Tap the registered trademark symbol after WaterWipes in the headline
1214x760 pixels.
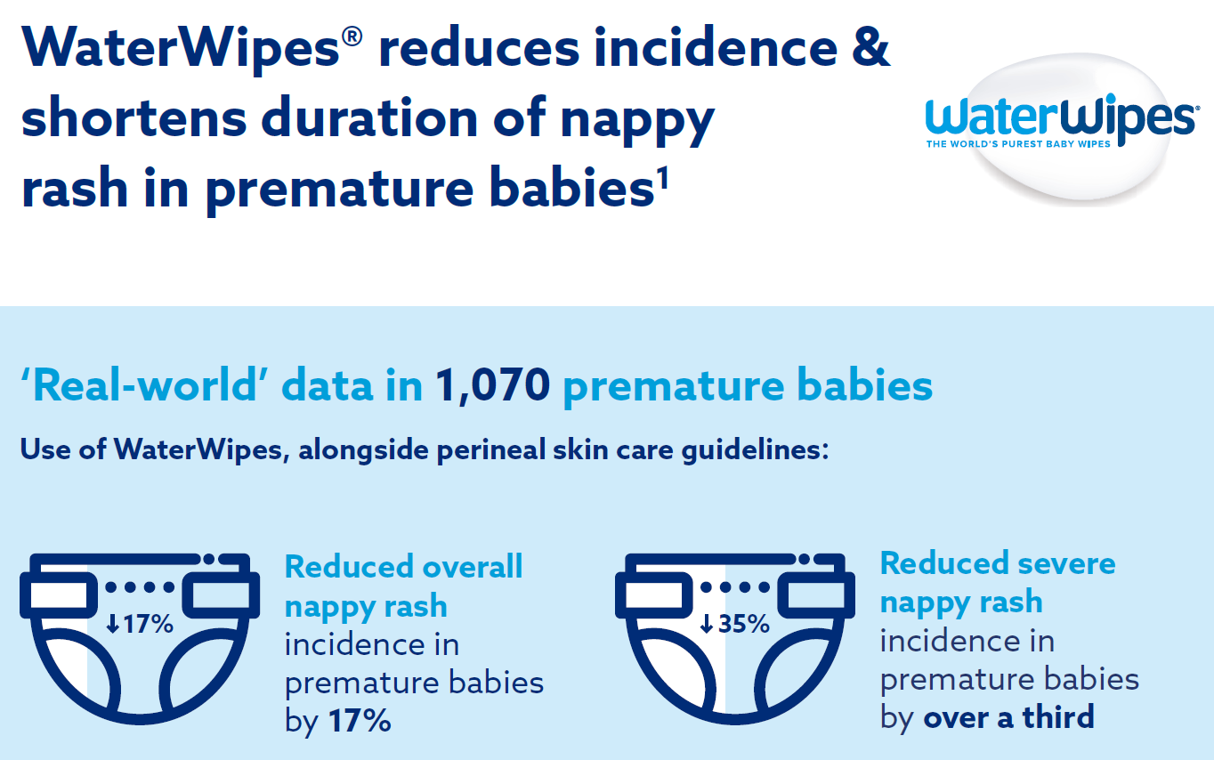[x=352, y=36]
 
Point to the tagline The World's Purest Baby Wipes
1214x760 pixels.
[x=1018, y=143]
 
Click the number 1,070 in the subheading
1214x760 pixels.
[x=493, y=385]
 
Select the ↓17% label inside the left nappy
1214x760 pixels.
[x=140, y=624]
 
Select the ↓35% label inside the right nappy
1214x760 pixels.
[x=735, y=624]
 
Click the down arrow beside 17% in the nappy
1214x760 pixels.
[x=112, y=624]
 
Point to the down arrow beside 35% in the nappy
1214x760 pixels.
[x=706, y=624]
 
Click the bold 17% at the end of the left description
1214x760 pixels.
[x=360, y=721]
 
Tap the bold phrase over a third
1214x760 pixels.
[x=1009, y=717]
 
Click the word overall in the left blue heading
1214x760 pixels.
[x=473, y=567]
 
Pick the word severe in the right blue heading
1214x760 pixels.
[x=1066, y=563]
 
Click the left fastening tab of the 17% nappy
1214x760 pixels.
[x=59, y=595]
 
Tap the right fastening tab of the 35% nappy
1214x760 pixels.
[x=816, y=595]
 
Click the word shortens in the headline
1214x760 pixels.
[x=134, y=117]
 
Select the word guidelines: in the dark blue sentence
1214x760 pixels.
[x=755, y=451]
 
